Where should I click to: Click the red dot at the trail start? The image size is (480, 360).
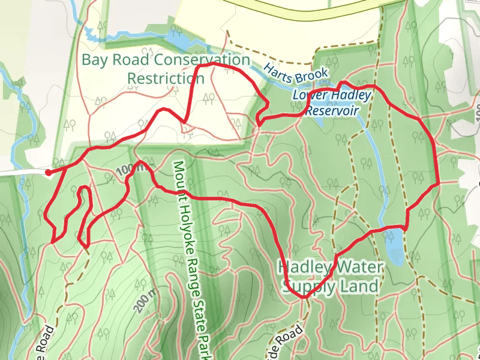(48, 173)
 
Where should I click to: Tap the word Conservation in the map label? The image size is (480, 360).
(202, 60)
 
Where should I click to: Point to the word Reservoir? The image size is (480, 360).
(332, 111)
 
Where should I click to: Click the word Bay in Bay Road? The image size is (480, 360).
(93, 60)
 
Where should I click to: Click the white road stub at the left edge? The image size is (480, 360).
(21, 172)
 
